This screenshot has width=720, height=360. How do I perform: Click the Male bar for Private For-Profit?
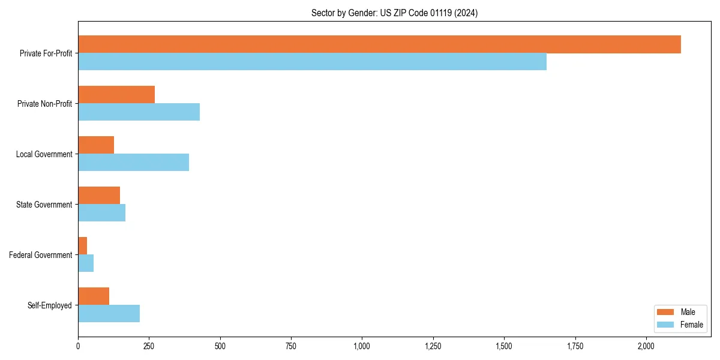click(379, 44)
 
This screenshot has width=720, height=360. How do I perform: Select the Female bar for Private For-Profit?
click(312, 62)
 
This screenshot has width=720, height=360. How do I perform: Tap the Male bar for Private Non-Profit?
click(116, 95)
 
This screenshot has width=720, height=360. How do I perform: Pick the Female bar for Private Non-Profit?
click(139, 112)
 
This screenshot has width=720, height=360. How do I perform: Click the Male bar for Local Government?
click(96, 145)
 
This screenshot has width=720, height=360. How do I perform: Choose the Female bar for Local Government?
click(133, 163)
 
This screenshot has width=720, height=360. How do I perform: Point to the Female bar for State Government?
click(101, 213)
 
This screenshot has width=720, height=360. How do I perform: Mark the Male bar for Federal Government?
click(83, 246)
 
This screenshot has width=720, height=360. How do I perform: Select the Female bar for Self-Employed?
click(109, 314)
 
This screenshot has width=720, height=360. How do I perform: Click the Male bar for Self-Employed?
click(94, 296)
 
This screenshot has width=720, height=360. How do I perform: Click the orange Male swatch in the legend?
click(666, 312)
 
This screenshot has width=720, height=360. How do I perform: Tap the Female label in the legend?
click(691, 325)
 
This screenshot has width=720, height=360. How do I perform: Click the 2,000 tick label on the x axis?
click(646, 346)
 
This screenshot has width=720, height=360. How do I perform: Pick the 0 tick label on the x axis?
click(78, 346)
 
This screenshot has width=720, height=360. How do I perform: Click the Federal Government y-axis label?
click(41, 255)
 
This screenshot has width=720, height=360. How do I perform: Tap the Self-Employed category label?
click(50, 305)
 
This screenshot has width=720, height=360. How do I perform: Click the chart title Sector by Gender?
click(394, 13)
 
